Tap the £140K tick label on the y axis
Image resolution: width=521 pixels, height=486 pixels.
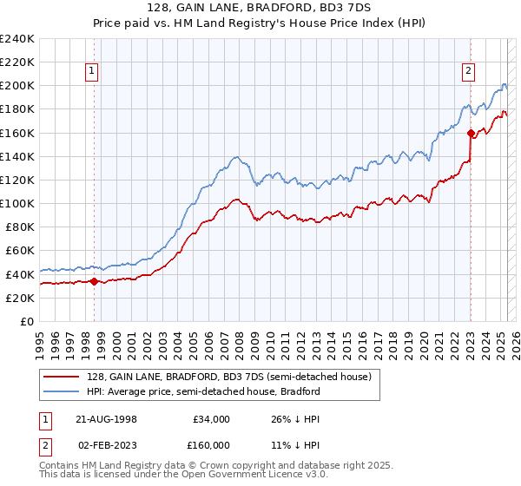(17, 156)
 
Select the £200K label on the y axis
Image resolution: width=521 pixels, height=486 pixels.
(17, 86)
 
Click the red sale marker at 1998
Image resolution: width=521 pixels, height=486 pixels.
(94, 280)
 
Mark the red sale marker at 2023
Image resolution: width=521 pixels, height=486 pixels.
(470, 133)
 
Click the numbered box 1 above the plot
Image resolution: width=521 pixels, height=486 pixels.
(92, 72)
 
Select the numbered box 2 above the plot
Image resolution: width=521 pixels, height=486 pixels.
(468, 72)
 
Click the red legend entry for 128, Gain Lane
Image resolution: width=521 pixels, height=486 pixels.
(229, 377)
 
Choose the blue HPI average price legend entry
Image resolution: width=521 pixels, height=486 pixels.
(203, 391)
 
